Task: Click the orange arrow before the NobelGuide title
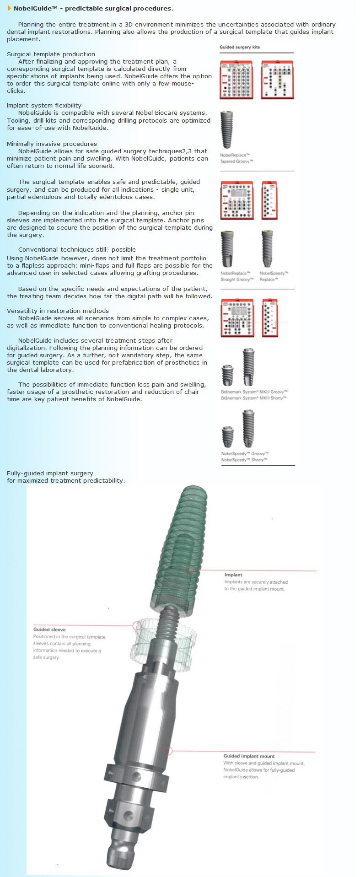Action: [9, 8]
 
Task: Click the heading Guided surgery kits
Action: [239, 47]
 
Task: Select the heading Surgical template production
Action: [51, 54]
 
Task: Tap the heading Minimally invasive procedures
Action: [52, 144]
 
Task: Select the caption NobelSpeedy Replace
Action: [274, 276]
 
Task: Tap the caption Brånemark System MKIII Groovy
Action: [254, 392]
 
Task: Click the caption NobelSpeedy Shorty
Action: [244, 460]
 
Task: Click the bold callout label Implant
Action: [233, 575]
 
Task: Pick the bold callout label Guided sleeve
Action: [49, 630]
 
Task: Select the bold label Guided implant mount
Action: [249, 756]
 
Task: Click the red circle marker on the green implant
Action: [189, 570]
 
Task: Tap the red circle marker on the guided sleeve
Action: [137, 625]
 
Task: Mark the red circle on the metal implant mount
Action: [168, 751]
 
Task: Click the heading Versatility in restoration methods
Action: [58, 311]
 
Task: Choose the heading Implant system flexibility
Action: [44, 105]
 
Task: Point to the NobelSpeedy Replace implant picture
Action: [267, 249]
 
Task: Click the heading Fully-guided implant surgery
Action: [50, 473]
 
